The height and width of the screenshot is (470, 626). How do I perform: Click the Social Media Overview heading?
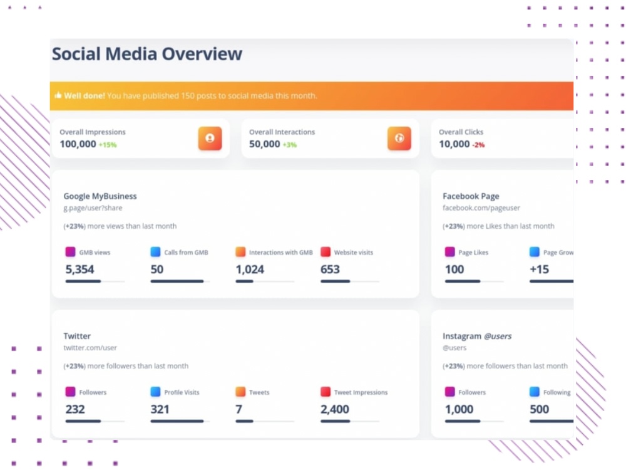[147, 54]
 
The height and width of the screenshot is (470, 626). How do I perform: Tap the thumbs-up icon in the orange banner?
[58, 95]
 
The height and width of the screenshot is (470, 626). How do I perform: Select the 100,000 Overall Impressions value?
[78, 144]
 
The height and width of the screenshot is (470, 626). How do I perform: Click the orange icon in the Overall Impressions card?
[210, 138]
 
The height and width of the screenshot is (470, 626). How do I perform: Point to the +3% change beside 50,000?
[289, 145]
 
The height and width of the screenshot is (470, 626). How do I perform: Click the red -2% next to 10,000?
[478, 145]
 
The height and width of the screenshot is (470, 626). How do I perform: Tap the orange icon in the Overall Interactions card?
[399, 138]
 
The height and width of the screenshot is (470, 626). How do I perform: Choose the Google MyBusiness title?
[100, 196]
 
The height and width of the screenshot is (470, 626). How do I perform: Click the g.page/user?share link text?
[93, 208]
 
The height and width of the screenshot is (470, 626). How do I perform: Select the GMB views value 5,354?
[80, 269]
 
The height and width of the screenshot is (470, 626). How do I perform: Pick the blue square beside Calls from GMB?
[155, 252]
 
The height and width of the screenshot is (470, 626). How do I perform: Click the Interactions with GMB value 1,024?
[250, 269]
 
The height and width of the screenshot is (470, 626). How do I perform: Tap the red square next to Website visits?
[326, 252]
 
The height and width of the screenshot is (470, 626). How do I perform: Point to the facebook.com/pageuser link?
[481, 208]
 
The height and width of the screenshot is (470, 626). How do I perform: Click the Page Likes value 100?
[454, 269]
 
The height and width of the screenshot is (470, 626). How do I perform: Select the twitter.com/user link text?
[90, 348]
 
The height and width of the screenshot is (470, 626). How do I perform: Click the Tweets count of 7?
[239, 409]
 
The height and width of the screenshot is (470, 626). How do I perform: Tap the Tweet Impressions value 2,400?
[335, 409]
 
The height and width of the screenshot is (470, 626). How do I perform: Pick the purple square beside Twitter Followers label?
[70, 392]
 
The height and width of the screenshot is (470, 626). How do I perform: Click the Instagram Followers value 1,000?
[459, 409]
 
